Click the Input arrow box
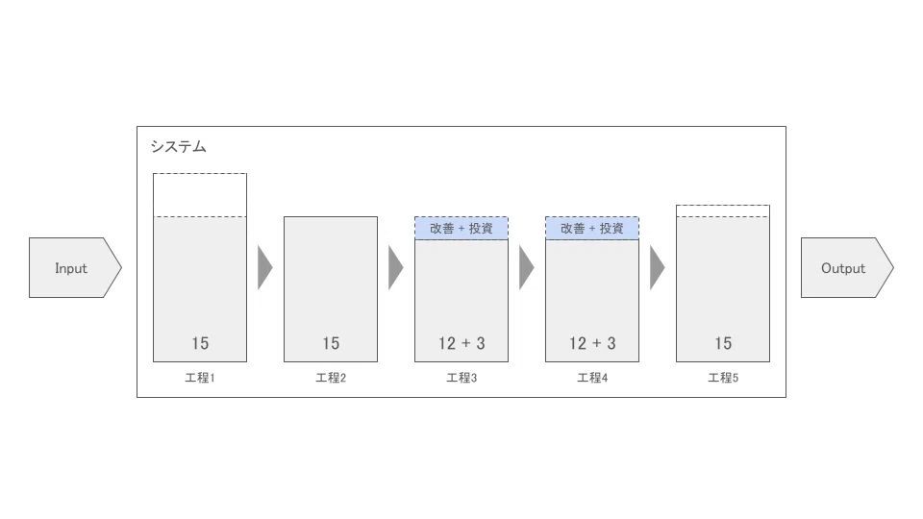coord(75,268)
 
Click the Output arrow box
coord(847,268)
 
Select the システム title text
coord(179,146)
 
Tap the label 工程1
coord(200,378)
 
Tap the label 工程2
coord(331,378)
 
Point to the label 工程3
coord(461,378)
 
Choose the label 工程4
coord(592,378)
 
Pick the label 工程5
coord(723,378)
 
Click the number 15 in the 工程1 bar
coord(200,343)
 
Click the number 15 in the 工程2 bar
coord(331,343)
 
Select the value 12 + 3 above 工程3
coord(461,343)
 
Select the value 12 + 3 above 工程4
coord(592,343)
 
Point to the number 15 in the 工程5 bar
coord(723,343)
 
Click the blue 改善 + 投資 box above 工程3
coord(461,229)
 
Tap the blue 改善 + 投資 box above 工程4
coord(592,229)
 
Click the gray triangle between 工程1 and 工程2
coord(264,268)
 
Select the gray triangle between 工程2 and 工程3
coord(395,268)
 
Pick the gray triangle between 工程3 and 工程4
coord(526,268)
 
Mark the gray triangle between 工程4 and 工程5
coord(657,268)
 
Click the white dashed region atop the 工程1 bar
coord(200,195)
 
